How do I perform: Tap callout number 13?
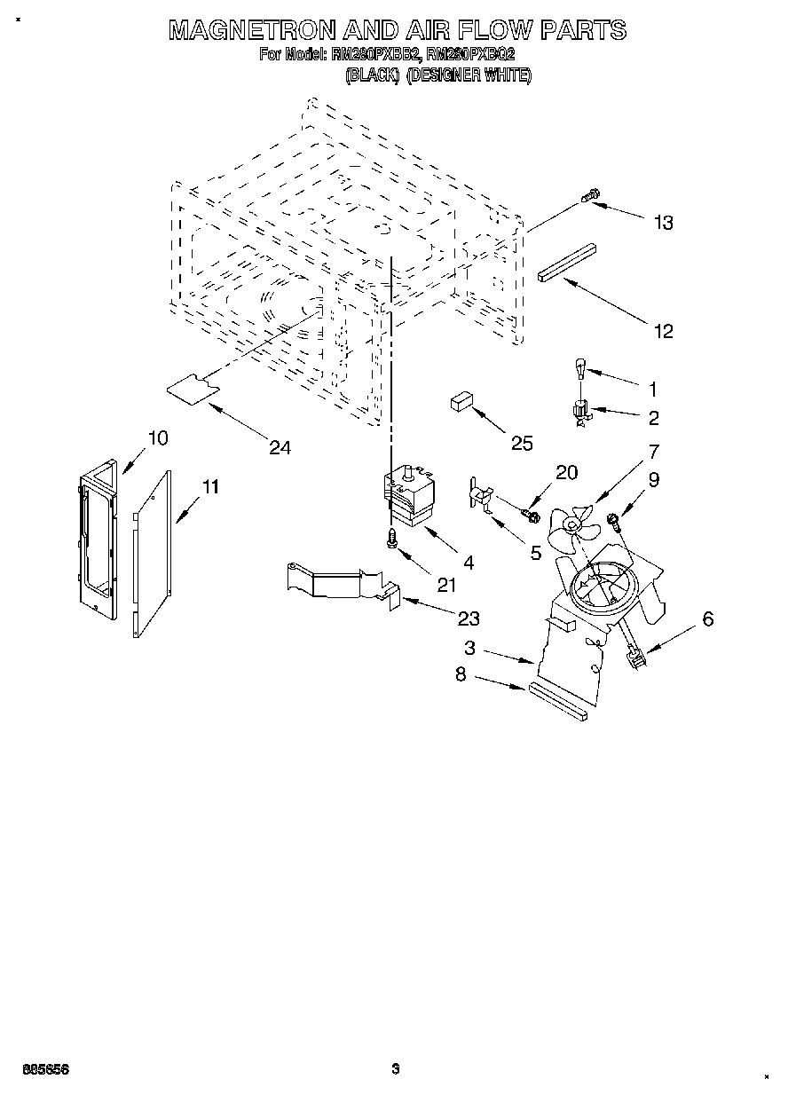pyautogui.click(x=663, y=223)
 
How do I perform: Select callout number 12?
pyautogui.click(x=663, y=331)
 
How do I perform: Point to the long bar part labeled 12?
pyautogui.click(x=568, y=264)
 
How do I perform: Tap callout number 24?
pyautogui.click(x=280, y=447)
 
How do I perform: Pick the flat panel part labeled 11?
pyautogui.click(x=153, y=554)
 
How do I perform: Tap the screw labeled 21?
pyautogui.click(x=391, y=538)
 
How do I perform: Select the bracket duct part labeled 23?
pyautogui.click(x=342, y=585)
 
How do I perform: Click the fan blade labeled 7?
pyautogui.click(x=568, y=527)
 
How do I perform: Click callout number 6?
pyautogui.click(x=707, y=619)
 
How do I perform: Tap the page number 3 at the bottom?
pyautogui.click(x=396, y=1068)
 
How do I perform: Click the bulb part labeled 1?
pyautogui.click(x=578, y=366)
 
